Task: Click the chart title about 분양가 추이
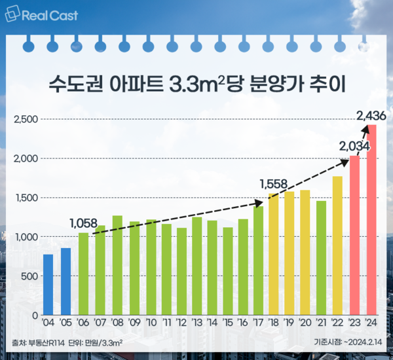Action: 196,86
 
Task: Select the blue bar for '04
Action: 48,285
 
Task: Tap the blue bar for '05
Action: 65,281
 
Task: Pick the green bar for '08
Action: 118,265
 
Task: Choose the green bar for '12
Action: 181,271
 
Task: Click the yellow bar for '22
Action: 337,245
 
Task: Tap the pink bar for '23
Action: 355,235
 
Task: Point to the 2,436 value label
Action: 371,116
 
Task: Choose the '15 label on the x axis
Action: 227,323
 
